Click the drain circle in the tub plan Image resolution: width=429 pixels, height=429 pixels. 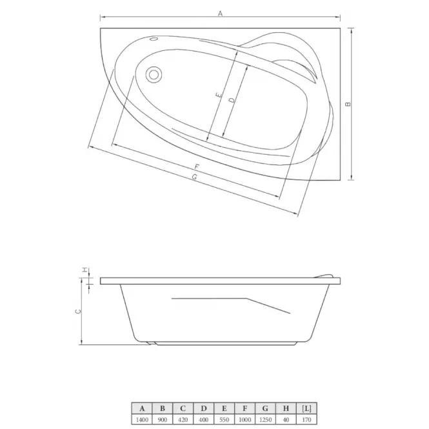[154, 74]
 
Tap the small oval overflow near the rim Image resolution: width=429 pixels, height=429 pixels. [154, 39]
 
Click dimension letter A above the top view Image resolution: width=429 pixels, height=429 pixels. [220, 14]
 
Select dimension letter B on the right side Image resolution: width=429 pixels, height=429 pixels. [348, 104]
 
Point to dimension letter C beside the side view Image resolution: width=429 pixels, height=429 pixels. [78, 312]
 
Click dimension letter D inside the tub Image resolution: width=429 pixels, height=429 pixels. [232, 100]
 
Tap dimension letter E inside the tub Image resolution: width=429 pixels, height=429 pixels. [218, 95]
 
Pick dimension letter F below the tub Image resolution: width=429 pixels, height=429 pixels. [197, 166]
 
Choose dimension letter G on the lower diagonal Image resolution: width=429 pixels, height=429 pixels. [194, 177]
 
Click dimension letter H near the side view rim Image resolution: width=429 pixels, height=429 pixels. [85, 270]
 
